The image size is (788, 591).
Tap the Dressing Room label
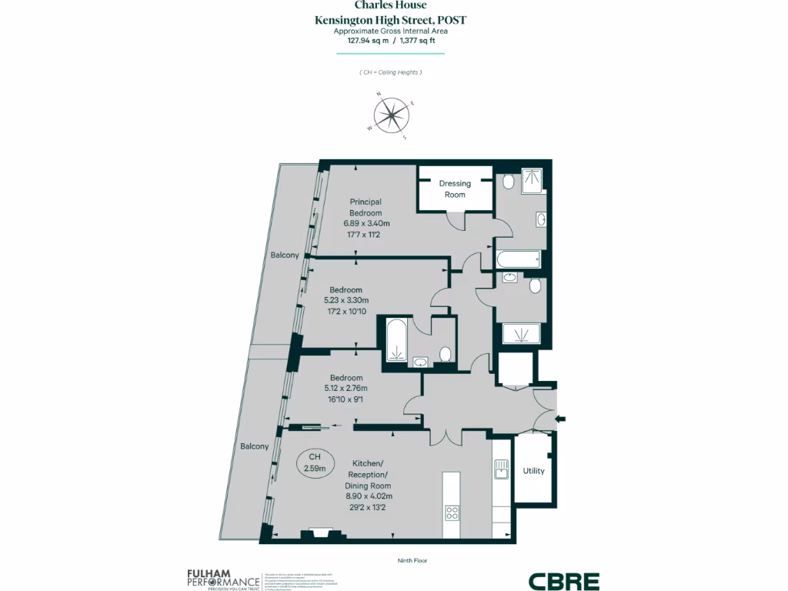pyautogui.click(x=455, y=189)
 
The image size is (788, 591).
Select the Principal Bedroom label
pyautogui.click(x=365, y=207)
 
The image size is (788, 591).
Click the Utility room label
pyautogui.click(x=533, y=470)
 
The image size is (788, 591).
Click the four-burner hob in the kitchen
pyautogui.click(x=452, y=513)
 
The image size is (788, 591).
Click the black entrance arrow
pyautogui.click(x=560, y=419)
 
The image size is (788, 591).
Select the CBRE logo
pyautogui.click(x=563, y=581)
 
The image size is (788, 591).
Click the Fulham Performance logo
pyautogui.click(x=222, y=579)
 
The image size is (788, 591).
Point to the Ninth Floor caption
pyautogui.click(x=412, y=560)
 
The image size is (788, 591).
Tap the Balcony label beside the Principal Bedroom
pyautogui.click(x=284, y=255)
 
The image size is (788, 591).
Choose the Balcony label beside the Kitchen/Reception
pyautogui.click(x=255, y=446)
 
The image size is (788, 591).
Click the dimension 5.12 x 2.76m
pyautogui.click(x=346, y=389)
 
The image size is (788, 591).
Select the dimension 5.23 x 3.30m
pyautogui.click(x=346, y=300)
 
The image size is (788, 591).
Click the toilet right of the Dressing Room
pyautogui.click(x=509, y=182)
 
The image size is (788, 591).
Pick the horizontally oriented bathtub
pyautogui.click(x=519, y=259)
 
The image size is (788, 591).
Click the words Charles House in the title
pyautogui.click(x=390, y=5)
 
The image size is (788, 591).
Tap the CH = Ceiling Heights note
pyautogui.click(x=391, y=72)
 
